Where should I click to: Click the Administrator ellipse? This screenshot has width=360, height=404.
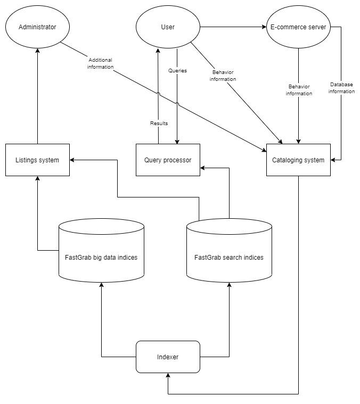click(37, 27)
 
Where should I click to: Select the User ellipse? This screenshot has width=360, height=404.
click(168, 27)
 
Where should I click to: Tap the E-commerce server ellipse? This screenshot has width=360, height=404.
click(298, 27)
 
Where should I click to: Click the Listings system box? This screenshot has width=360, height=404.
click(37, 160)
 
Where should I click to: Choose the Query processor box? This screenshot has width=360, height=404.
click(168, 160)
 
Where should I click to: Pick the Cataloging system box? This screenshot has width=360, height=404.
click(298, 160)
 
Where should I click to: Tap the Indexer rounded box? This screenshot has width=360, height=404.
click(168, 357)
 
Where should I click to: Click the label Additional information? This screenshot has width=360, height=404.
click(101, 63)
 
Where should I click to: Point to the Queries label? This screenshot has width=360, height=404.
click(177, 70)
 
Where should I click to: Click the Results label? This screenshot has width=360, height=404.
click(159, 123)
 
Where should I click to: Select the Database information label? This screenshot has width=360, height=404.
click(341, 88)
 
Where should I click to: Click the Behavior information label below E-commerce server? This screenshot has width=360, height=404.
click(299, 89)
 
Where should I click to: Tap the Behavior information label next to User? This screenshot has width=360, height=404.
click(223, 76)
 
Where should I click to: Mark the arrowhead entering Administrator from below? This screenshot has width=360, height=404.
click(37, 51)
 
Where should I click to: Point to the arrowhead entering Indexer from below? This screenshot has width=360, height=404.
click(168, 376)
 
